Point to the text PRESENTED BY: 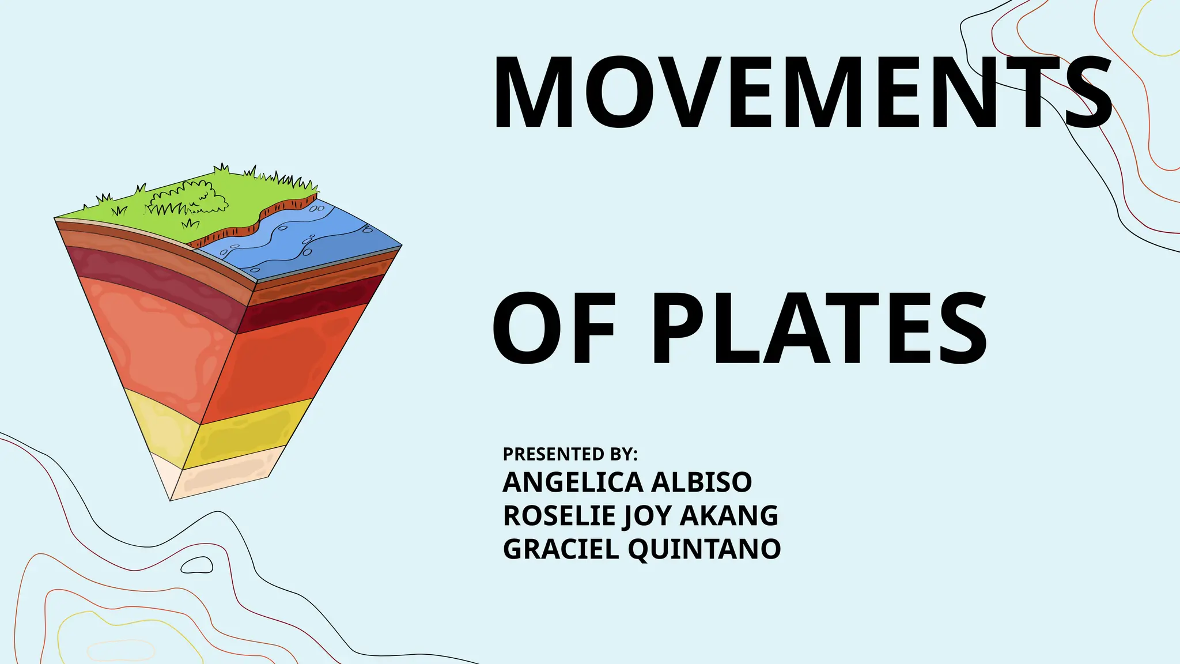point(570,454)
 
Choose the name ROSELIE point(559,515)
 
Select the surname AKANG point(729,515)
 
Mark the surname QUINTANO point(704,549)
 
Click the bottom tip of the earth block point(171,499)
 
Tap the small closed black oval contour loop point(197,565)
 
